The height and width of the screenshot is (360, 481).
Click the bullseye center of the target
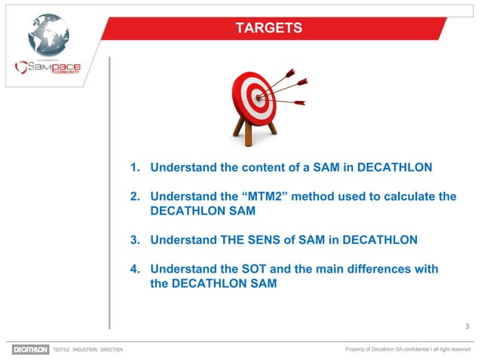coord(259,97)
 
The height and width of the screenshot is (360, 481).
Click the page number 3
coord(467,326)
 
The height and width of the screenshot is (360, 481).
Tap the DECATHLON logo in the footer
coord(30,349)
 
